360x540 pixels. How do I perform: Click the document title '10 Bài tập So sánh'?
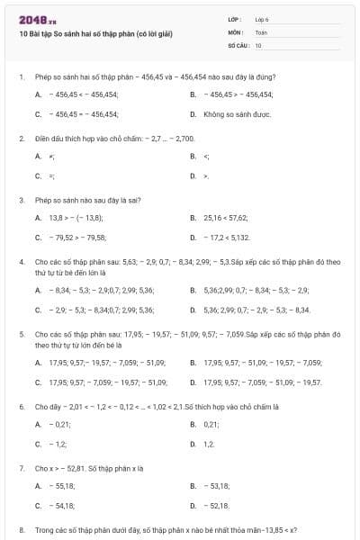95,34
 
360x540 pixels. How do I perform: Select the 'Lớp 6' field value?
262,19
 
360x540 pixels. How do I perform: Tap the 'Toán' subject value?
261,31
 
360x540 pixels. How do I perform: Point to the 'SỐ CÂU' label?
238,44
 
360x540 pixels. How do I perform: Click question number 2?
21,139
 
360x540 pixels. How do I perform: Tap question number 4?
21,261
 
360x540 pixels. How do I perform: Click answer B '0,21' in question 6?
212,424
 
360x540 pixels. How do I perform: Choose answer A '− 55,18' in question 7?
63,486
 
